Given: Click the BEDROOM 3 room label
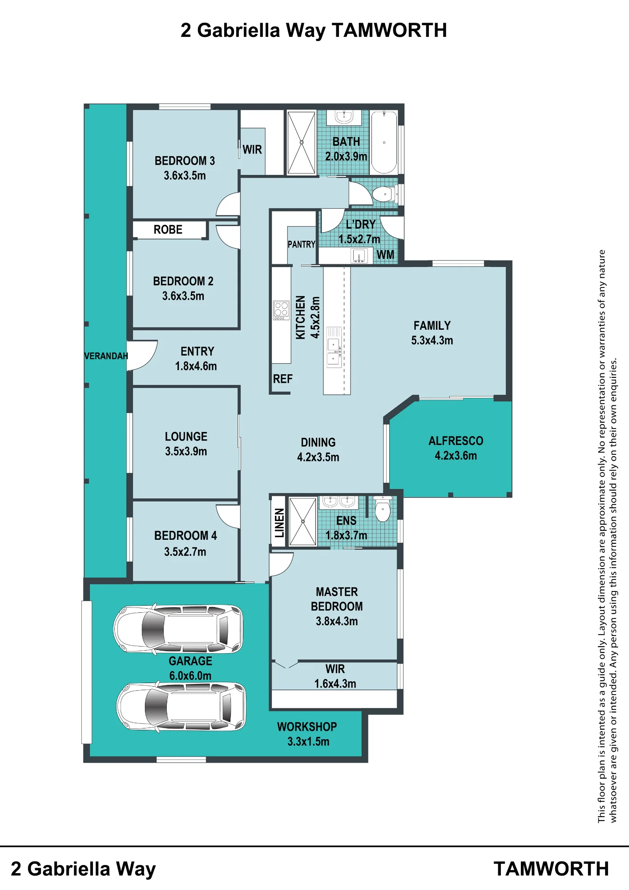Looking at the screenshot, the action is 185,161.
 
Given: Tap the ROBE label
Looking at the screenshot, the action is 168,230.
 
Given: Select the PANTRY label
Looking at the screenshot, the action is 302,244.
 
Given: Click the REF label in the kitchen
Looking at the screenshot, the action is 283,379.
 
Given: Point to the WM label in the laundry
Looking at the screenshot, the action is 385,255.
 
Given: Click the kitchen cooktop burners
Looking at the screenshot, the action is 281,310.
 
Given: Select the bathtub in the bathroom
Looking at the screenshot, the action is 384,142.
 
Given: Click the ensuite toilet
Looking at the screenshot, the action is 383,509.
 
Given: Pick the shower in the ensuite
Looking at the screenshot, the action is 302,521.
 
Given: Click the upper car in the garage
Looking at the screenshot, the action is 178,629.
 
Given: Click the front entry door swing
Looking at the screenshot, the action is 142,355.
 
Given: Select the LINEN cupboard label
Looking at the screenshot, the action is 279,523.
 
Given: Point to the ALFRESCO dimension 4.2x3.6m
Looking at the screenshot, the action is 456,456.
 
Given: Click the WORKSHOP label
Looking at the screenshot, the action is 307,727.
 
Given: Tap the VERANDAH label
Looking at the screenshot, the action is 106,356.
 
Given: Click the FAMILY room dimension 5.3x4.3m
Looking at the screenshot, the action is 432,340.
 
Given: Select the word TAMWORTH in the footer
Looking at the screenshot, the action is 551,869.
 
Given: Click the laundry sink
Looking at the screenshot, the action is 359,256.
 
